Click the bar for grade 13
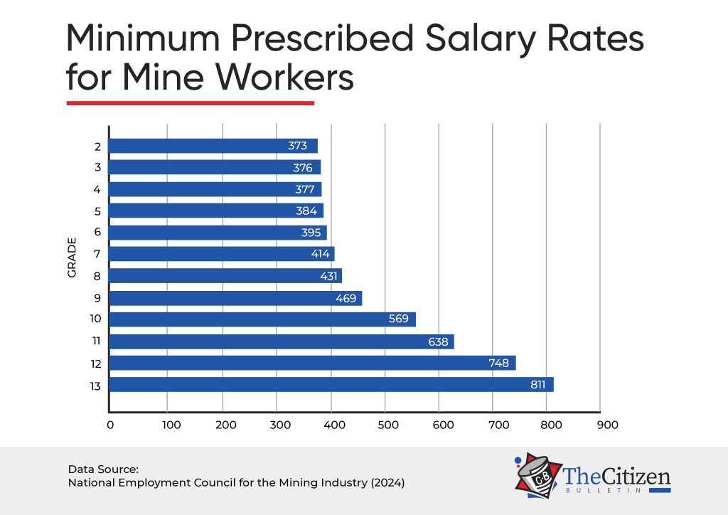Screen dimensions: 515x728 tap(331, 385)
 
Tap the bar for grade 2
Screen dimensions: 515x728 tap(213, 146)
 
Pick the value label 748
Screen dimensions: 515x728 tap(498, 363)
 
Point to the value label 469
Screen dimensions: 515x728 tap(346, 298)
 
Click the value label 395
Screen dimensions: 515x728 tap(311, 233)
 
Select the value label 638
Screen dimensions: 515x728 tap(438, 341)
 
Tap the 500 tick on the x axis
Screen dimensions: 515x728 tap(385, 425)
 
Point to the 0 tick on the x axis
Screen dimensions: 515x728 tap(110, 425)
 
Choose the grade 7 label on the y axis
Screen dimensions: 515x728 tap(97, 254)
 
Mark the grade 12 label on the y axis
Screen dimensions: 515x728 tap(96, 363)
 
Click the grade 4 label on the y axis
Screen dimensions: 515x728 tap(97, 189)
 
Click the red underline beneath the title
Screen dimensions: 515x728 tap(190, 103)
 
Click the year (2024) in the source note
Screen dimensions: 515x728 tap(385, 482)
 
